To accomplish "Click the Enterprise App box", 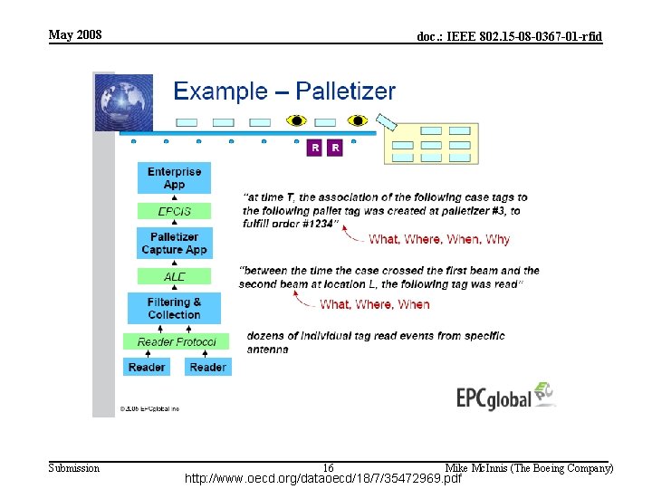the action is pos(174,177).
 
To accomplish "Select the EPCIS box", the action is pos(174,211).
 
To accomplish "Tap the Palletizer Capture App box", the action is pos(174,244).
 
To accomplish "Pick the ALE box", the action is pos(174,276).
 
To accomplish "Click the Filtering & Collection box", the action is pos(174,308).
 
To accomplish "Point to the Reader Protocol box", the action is pos(177,341).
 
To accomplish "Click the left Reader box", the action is pos(147,367).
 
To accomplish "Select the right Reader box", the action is pos(207,367).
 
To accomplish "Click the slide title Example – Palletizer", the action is pos(284,91).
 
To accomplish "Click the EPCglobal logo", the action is pos(505,397).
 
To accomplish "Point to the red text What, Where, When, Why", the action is pos(439,239).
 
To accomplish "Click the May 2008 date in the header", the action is pos(75,35).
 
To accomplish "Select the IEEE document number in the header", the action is pos(509,37).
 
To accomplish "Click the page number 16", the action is pos(328,467).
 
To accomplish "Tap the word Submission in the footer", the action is pos(73,468).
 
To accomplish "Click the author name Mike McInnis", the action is pos(529,468).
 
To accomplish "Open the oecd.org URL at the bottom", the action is pos(323,478).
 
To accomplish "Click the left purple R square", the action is pos(314,148).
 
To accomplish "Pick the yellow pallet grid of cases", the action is pos(432,144).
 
